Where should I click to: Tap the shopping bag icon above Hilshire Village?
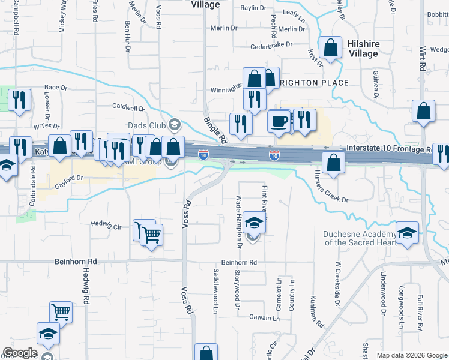(330, 47)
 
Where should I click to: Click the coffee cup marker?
(279, 120)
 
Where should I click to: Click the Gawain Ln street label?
(264, 318)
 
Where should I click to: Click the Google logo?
(20, 353)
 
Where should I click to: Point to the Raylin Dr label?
(253, 8)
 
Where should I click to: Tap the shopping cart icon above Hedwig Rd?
(61, 312)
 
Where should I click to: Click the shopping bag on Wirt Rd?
(424, 111)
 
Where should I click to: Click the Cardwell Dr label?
(129, 107)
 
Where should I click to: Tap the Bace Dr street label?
(56, 88)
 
